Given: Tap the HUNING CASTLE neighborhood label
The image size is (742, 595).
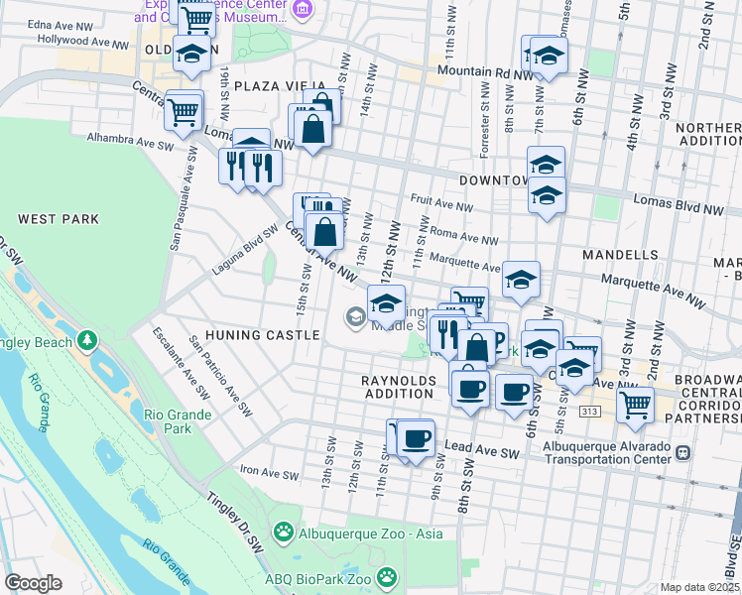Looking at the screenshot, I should pos(263,335).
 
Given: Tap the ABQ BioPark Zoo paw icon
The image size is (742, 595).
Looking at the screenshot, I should pos(386,576).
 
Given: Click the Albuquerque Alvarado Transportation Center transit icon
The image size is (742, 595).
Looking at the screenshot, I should pos(681,452).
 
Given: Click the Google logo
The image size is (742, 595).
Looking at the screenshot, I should pos(33,582).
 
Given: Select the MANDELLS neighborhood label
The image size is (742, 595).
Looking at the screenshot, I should pos(620,255).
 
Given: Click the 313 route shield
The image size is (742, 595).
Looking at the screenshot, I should pos(590,412).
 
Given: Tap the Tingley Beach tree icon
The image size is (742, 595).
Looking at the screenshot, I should pos(88,342).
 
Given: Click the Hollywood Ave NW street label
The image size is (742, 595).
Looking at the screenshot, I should pos(83,42).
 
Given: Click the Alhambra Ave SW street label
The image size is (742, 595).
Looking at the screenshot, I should pos(130,138).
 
